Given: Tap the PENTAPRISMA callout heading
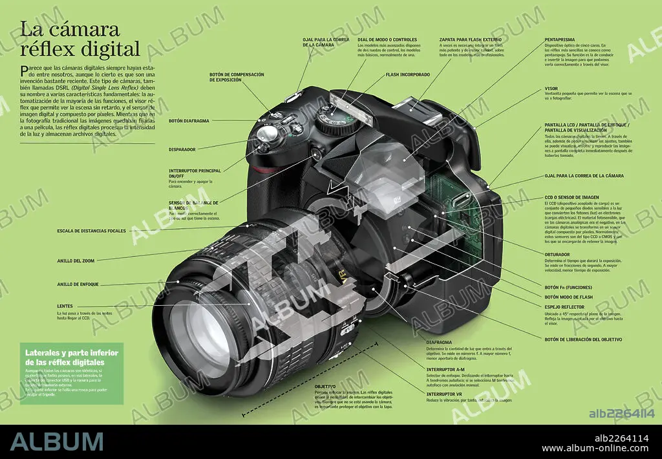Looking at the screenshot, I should (561, 39).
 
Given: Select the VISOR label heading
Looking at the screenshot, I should (551, 88).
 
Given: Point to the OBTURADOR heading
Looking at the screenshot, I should (558, 255).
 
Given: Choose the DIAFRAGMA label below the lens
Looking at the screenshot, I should (439, 342).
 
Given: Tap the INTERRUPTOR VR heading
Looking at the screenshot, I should (444, 393).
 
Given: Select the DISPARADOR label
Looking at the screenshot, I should (182, 149).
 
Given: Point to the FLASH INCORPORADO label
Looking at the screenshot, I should (408, 74).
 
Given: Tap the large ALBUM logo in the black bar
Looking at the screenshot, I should (57, 441).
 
